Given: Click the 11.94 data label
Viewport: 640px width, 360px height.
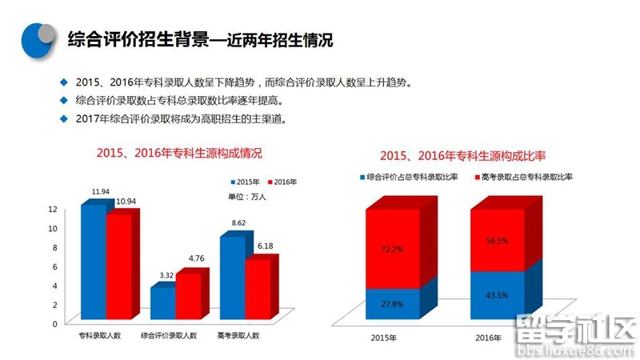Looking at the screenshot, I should point(101,192).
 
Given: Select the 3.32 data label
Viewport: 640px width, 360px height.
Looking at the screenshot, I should point(167,275).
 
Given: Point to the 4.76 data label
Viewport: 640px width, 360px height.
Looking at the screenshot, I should point(196,258).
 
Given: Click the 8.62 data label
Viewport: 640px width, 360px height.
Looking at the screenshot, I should point(238,222).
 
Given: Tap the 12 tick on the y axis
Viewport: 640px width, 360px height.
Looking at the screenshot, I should point(53,209).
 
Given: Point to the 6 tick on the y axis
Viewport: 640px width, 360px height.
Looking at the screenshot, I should point(54,266).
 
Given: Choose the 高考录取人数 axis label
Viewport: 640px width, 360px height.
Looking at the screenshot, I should point(238,335).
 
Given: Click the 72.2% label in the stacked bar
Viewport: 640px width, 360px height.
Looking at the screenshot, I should point(392,250).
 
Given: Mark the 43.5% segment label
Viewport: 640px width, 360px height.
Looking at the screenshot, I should point(497,295).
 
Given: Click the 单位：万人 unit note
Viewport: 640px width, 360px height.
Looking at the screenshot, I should point(249,197).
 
